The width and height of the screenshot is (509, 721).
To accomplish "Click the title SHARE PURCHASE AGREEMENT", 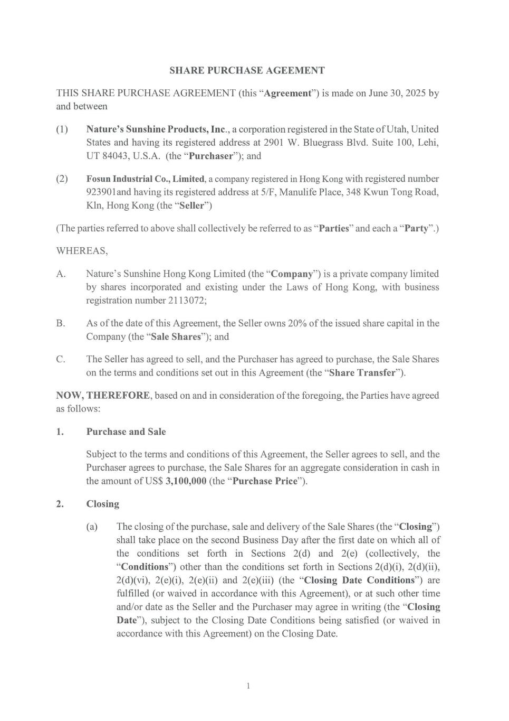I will (247, 70).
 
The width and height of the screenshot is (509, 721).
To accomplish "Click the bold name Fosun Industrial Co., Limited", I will (145, 179).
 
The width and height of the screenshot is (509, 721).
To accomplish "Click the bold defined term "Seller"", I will (191, 205).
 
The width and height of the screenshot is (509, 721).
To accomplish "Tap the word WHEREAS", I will (82, 251).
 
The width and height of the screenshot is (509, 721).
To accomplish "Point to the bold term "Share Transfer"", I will (362, 372).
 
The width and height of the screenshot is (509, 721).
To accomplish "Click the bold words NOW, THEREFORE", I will (103, 396).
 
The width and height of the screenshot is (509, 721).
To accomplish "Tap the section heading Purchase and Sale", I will (126, 432).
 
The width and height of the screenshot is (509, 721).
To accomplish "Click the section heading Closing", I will (103, 504).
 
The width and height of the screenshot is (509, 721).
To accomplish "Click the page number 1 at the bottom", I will (248, 686).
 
